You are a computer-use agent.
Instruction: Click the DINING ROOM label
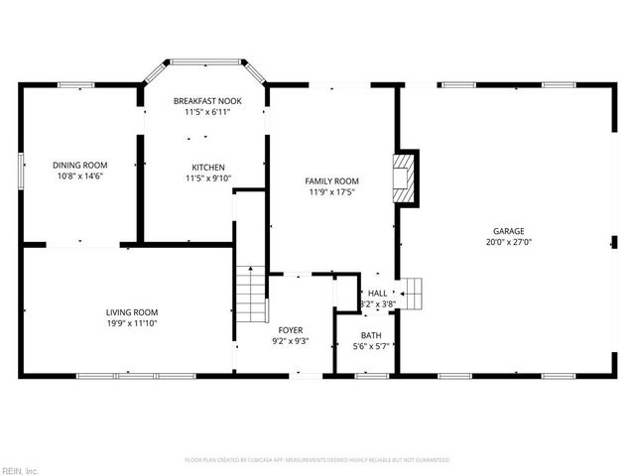[80, 165]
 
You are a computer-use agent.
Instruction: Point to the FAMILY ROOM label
[331, 180]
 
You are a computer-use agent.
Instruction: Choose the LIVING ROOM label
[132, 311]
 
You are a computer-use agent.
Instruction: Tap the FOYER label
[291, 329]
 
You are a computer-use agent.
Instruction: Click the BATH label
[371, 335]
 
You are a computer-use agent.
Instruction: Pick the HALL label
[378, 294]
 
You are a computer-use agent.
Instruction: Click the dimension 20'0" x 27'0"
[509, 241]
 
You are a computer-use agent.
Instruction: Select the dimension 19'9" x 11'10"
[132, 323]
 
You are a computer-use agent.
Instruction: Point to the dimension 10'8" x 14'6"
[80, 177]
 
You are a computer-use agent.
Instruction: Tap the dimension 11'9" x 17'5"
[331, 192]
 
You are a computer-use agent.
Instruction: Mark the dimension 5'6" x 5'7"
[371, 347]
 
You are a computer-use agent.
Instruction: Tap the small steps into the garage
[413, 294]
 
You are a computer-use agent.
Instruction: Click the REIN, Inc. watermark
[20, 469]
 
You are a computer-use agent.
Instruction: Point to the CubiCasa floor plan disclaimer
[317, 460]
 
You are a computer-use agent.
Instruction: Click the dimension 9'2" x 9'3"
[291, 341]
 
